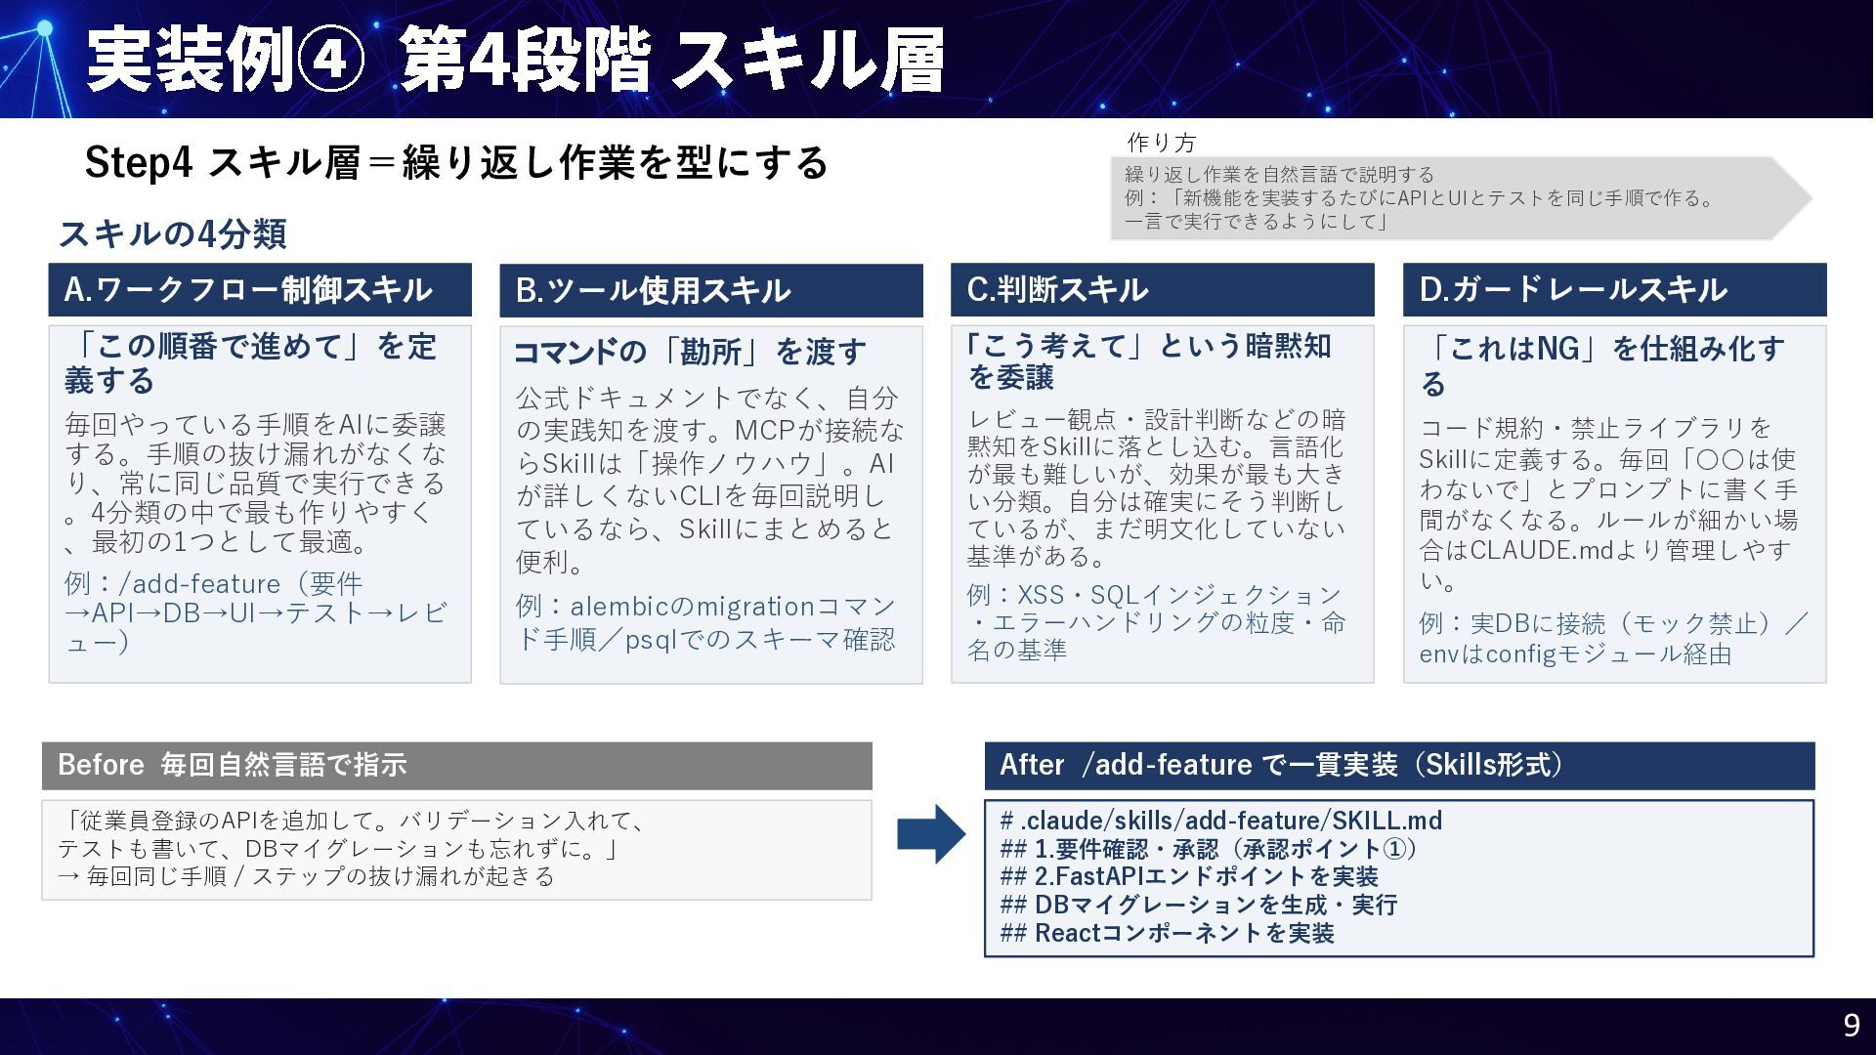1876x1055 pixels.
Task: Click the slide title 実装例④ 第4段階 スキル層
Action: click(x=515, y=61)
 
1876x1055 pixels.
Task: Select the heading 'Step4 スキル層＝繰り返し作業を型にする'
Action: click(x=455, y=162)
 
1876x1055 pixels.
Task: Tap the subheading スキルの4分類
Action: click(x=172, y=233)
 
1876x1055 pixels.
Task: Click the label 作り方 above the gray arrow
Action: click(x=1161, y=143)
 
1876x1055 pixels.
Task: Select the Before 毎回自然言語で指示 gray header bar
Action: click(x=456, y=765)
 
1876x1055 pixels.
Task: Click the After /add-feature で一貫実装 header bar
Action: click(x=1399, y=765)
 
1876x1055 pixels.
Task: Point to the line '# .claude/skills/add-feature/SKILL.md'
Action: click(x=1221, y=821)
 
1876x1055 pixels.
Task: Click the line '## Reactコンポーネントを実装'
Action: click(x=1167, y=933)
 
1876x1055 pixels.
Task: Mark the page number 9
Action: click(x=1851, y=1025)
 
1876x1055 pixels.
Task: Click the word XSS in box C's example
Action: click(x=1042, y=595)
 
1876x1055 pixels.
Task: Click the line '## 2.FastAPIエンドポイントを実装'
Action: click(x=1189, y=876)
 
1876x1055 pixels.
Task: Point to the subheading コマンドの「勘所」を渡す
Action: click(x=690, y=352)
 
